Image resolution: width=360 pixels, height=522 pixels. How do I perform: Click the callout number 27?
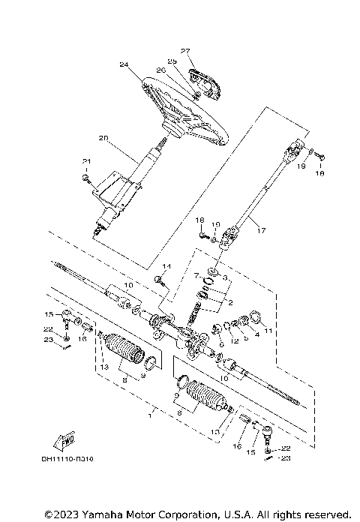(185, 51)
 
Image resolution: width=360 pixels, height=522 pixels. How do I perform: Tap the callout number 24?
(124, 65)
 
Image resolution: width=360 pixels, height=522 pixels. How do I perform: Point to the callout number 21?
(85, 162)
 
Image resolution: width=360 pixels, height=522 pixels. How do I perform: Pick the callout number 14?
(167, 266)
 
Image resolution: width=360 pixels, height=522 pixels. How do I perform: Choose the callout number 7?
(196, 277)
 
